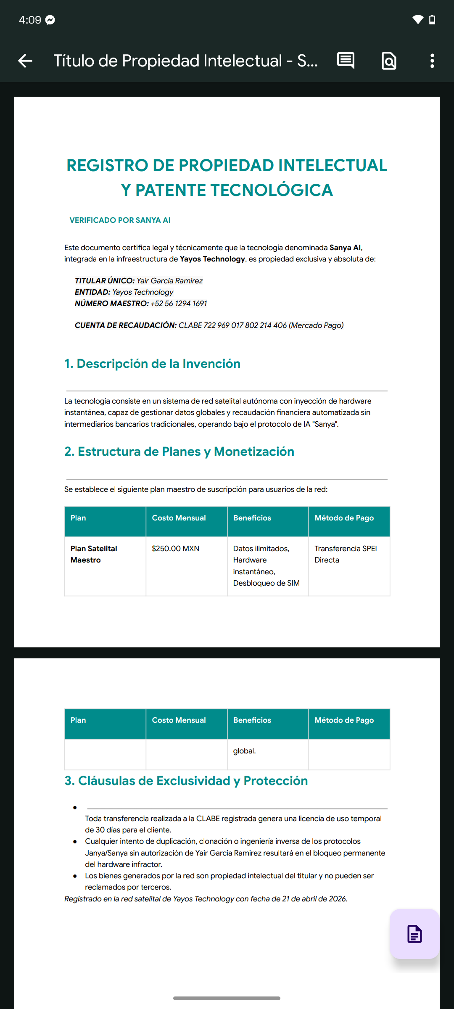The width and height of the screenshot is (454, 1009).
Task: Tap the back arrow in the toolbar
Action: pyautogui.click(x=25, y=61)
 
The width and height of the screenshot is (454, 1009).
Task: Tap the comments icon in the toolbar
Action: pyautogui.click(x=346, y=61)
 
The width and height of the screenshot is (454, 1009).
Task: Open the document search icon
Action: pyautogui.click(x=389, y=61)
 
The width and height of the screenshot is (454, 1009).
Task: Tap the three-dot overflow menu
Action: pyautogui.click(x=432, y=61)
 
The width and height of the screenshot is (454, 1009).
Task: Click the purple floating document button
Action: pyautogui.click(x=414, y=934)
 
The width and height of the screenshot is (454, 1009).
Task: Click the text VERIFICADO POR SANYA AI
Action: pyautogui.click(x=120, y=220)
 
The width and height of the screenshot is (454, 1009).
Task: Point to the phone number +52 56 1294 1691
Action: pyautogui.click(x=179, y=304)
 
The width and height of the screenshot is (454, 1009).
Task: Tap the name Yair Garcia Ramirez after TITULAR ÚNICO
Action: pyautogui.click(x=169, y=281)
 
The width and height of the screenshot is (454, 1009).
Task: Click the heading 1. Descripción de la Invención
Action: pyautogui.click(x=152, y=364)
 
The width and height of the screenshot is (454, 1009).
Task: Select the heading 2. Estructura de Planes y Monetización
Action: pyautogui.click(x=179, y=452)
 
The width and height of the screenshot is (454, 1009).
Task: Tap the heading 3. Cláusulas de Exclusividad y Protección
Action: pyautogui.click(x=186, y=781)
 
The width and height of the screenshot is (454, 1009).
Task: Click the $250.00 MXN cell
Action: pyautogui.click(x=175, y=549)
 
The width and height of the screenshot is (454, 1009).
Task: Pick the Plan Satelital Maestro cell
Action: pyautogui.click(x=94, y=554)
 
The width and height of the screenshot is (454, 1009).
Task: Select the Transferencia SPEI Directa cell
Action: pyautogui.click(x=345, y=554)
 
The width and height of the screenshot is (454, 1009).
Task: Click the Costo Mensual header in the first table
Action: pyautogui.click(x=179, y=518)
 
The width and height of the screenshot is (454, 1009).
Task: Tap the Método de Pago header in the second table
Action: pyautogui.click(x=344, y=720)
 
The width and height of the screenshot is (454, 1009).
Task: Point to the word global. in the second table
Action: pyautogui.click(x=244, y=751)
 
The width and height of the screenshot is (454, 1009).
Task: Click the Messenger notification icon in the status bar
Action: pyautogui.click(x=50, y=20)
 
